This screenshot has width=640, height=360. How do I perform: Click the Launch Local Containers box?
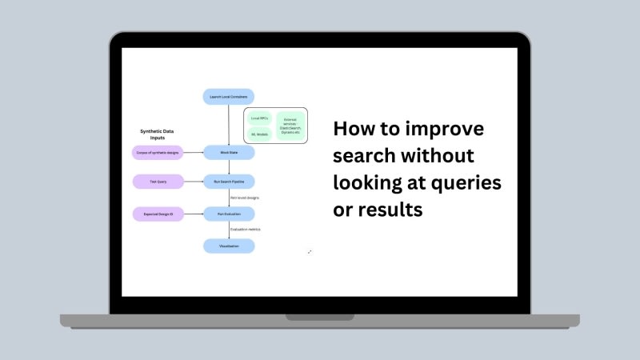pos(228,97)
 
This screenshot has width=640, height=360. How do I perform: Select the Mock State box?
pos(228,152)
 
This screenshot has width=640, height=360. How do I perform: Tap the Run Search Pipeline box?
pos(228,182)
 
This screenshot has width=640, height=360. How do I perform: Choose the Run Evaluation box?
pos(228,214)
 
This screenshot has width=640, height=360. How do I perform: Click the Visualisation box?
pos(228,246)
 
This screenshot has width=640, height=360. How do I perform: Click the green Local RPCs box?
pos(260,118)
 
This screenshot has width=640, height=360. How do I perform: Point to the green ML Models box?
pos(260,134)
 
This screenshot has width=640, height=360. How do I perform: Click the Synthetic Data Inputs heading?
pos(158,134)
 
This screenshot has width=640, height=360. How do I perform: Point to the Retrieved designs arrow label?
pos(245,198)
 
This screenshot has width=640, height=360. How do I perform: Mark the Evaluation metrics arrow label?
pos(246,230)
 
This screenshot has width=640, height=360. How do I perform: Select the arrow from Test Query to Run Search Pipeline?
pos(193,182)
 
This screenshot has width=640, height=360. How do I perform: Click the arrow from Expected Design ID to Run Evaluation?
pos(193,214)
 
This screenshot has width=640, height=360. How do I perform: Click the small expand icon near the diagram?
pos(310,252)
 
